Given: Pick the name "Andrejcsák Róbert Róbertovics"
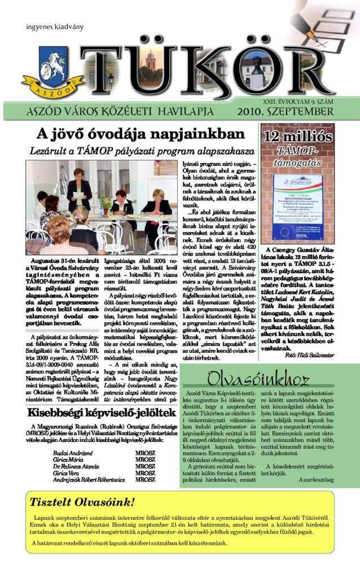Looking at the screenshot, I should coord(87,480).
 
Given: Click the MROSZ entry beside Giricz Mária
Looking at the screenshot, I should coord(145,460).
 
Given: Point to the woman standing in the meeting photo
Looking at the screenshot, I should coord(78,187).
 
